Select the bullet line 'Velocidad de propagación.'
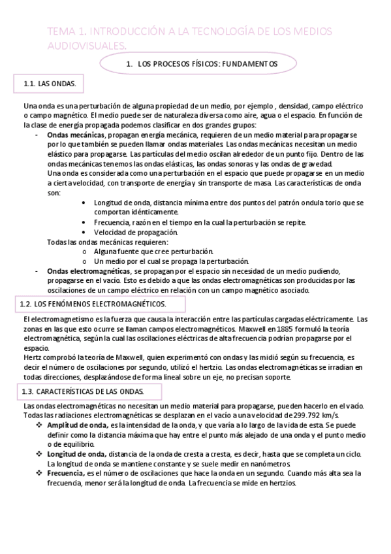(x=135, y=232)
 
